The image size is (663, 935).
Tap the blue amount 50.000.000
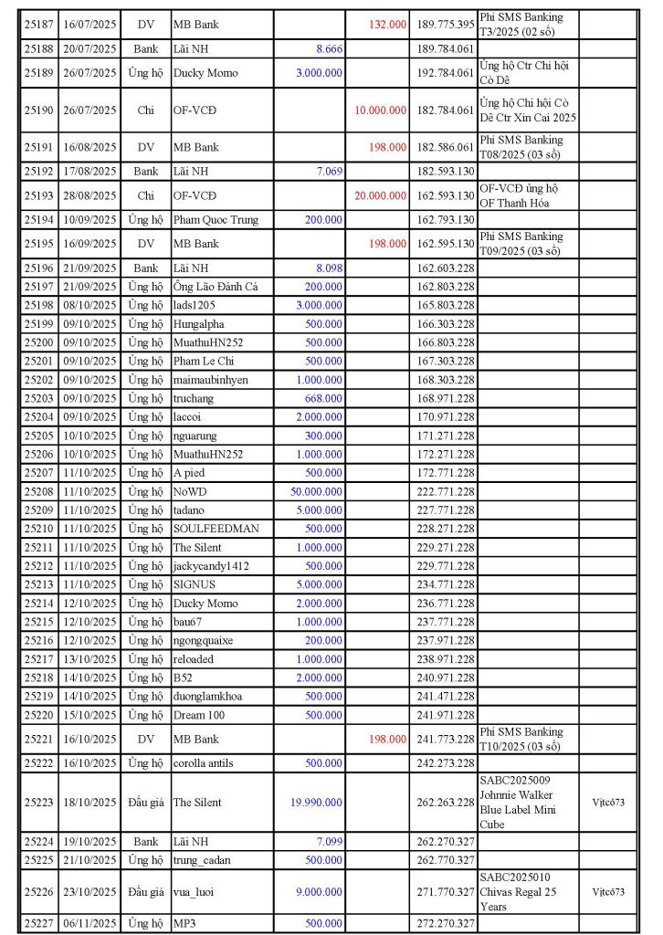[x=316, y=491]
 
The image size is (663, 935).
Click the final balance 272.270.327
[x=445, y=924]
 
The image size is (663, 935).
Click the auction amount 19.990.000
[x=316, y=803]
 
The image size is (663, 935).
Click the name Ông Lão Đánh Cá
[x=216, y=287]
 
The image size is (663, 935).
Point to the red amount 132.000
[x=387, y=25]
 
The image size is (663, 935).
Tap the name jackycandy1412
[x=211, y=566]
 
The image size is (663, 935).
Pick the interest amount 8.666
[x=330, y=48]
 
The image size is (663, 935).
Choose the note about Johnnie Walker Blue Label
[x=525, y=803]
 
